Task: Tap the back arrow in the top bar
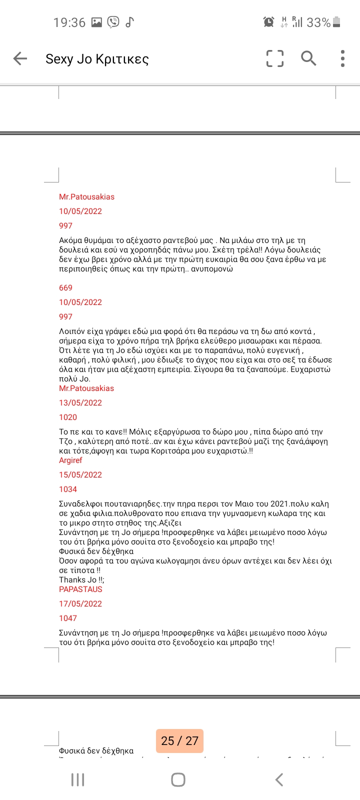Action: (x=20, y=58)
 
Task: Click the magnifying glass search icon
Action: (x=308, y=58)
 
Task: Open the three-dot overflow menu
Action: (x=342, y=58)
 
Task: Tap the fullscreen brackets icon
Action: (x=274, y=58)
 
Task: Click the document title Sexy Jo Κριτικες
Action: (x=97, y=59)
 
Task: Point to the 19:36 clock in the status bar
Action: (x=69, y=22)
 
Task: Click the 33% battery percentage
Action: (x=318, y=22)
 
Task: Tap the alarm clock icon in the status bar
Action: (x=268, y=22)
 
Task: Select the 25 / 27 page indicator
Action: (x=179, y=740)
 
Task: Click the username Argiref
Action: (x=70, y=460)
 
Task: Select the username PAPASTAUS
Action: (x=80, y=589)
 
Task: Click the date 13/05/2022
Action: (x=80, y=402)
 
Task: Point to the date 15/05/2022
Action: (x=80, y=474)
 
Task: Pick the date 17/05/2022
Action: (x=80, y=603)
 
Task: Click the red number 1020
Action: (x=68, y=417)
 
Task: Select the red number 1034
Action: (x=68, y=489)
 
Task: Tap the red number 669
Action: (x=65, y=287)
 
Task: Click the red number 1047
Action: (x=68, y=618)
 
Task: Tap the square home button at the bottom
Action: (x=178, y=779)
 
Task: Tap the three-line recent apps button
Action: (x=77, y=779)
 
